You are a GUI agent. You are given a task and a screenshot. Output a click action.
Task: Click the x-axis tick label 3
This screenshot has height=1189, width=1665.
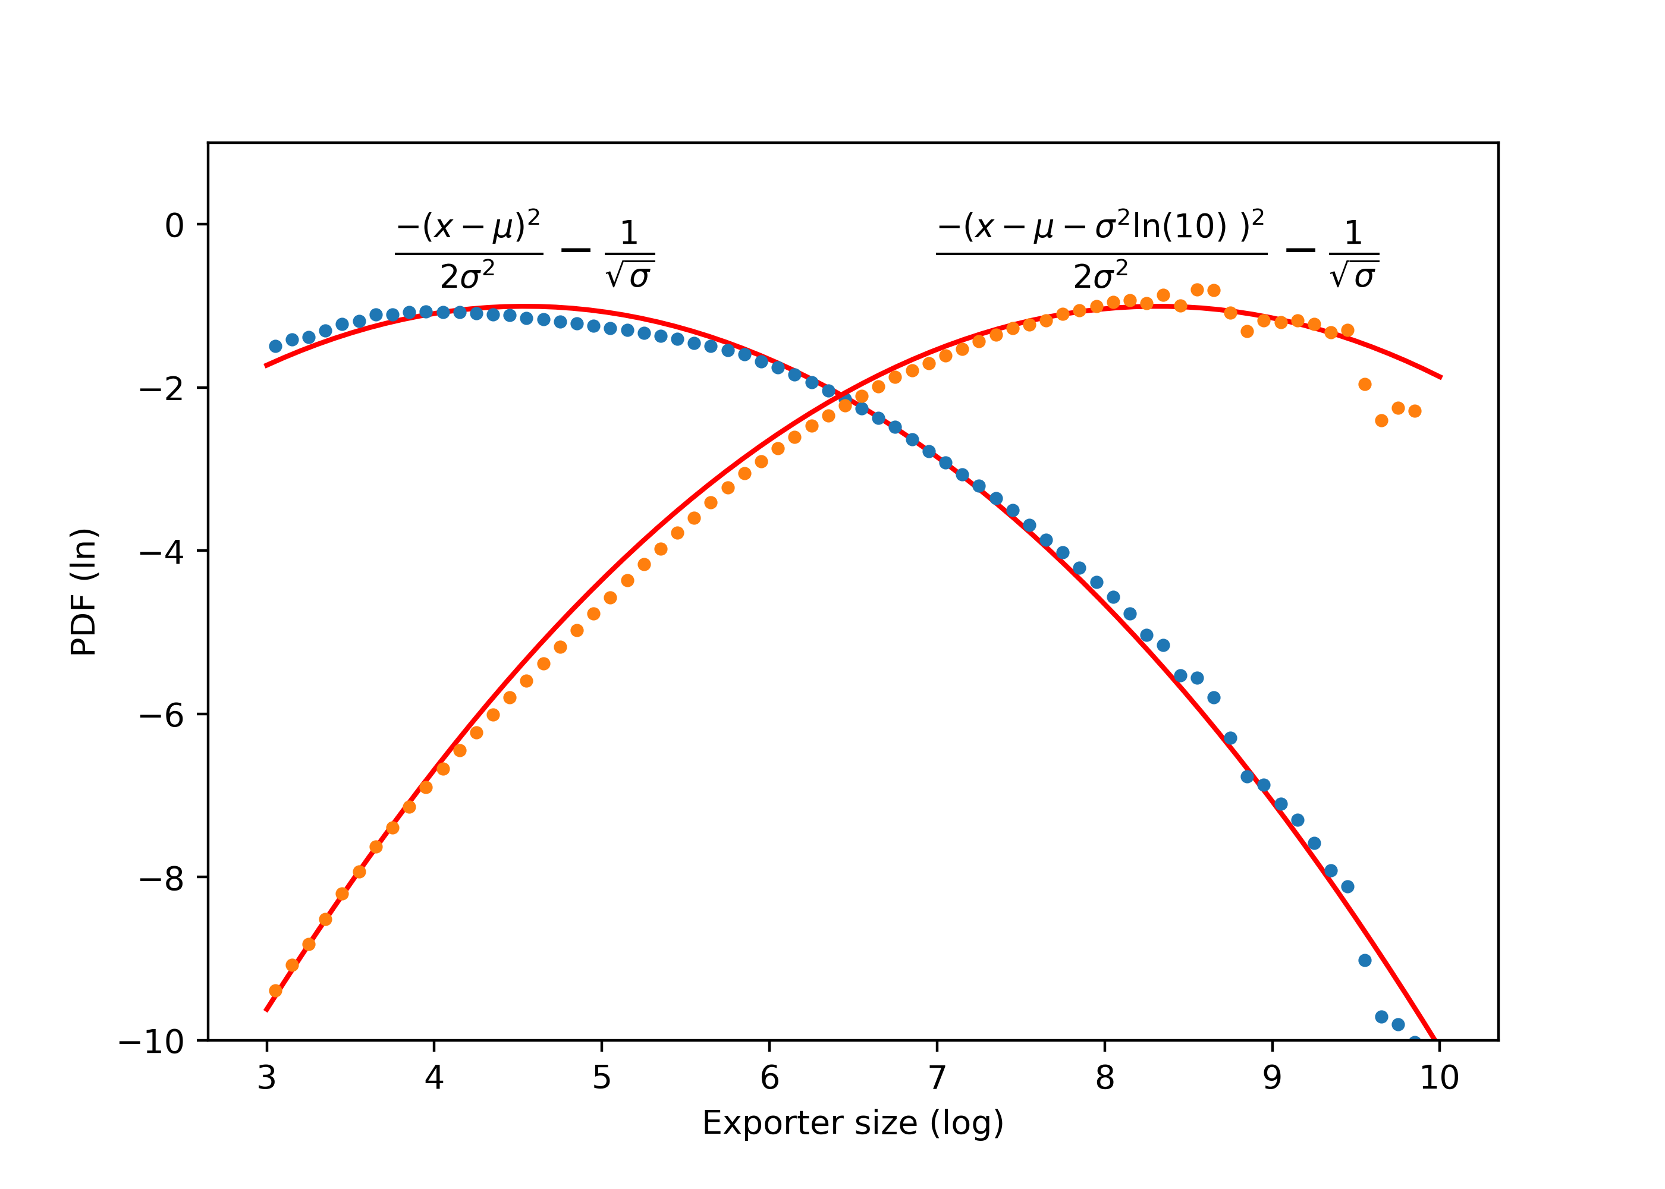(x=266, y=1078)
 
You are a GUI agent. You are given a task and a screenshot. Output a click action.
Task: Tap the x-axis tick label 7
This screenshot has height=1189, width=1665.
(x=937, y=1078)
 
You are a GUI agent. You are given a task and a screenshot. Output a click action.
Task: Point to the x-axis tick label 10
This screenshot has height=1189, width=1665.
(x=1439, y=1078)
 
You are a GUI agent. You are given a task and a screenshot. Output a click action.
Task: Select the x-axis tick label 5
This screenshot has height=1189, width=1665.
(x=601, y=1078)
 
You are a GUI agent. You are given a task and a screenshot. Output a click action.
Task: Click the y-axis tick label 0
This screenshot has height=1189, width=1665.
(x=174, y=225)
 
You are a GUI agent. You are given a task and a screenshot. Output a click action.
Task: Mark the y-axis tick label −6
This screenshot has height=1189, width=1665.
(x=162, y=715)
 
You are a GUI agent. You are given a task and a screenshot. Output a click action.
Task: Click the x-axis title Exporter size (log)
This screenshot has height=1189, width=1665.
(x=852, y=1124)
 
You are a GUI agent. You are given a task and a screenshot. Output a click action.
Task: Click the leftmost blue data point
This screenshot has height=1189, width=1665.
(x=275, y=347)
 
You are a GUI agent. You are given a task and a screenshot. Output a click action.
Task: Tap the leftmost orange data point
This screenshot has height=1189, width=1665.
(x=275, y=990)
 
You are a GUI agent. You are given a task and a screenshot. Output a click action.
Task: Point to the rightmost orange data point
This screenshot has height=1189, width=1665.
(x=1415, y=411)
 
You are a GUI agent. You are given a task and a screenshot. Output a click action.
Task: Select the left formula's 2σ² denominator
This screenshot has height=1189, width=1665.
(x=468, y=276)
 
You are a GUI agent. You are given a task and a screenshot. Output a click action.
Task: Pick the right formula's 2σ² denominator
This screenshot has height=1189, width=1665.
(x=1101, y=276)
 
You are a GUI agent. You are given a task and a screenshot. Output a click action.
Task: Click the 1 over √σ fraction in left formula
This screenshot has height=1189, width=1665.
(x=630, y=253)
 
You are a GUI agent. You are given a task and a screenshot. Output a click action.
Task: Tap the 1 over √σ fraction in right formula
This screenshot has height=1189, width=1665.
(x=1354, y=253)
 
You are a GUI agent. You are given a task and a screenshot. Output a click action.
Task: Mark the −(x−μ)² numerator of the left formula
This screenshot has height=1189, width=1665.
(x=469, y=227)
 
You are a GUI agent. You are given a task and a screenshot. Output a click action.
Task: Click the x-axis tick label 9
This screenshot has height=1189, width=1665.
(x=1272, y=1078)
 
